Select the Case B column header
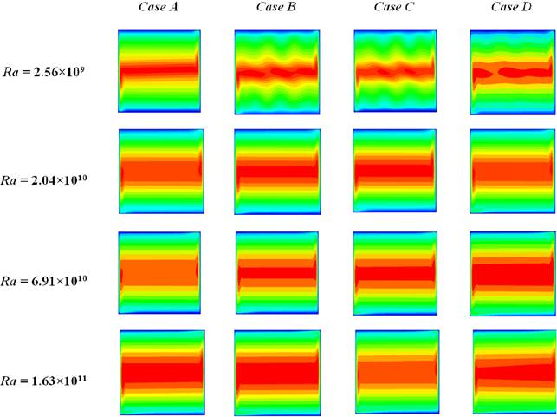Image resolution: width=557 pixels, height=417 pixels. click(x=276, y=9)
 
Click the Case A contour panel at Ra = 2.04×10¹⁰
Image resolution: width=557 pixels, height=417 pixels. click(x=160, y=172)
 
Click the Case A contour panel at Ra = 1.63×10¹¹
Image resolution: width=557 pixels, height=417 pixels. click(x=161, y=373)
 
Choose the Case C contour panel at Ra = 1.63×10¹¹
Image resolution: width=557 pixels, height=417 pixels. click(x=398, y=373)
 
